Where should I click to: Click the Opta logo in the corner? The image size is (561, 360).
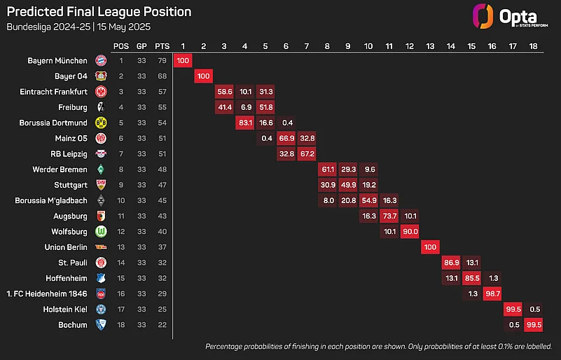tap(504, 16)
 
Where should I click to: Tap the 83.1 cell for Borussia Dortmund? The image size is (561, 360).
tap(245, 123)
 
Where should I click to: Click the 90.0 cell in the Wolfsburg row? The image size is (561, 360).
tap(410, 231)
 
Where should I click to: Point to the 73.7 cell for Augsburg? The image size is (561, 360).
tap(390, 216)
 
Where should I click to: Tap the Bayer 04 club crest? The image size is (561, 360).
tap(101, 76)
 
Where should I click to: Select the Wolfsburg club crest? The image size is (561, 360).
tap(101, 231)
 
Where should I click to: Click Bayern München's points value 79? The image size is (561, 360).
tap(162, 61)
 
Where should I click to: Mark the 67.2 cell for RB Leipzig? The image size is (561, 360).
tap(307, 154)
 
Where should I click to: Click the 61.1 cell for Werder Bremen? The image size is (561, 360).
tap(328, 169)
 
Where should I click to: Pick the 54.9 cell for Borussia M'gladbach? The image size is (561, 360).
tap(369, 200)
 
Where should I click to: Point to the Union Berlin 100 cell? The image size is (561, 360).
tap(431, 247)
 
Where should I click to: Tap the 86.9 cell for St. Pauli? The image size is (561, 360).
tap(452, 263)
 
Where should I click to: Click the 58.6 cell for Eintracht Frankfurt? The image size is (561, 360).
tap(225, 92)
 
